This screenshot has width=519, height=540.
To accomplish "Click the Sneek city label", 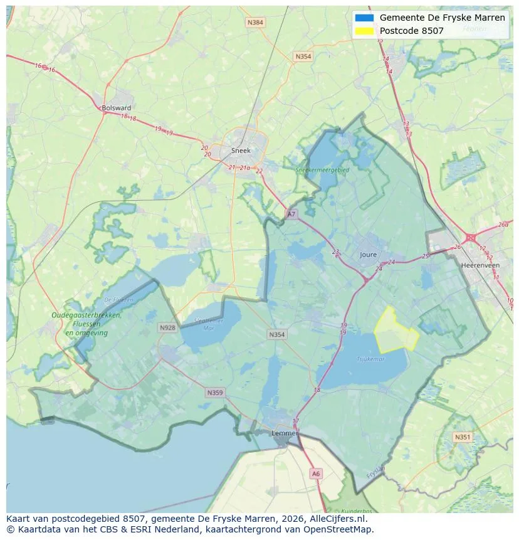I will tap(241, 151).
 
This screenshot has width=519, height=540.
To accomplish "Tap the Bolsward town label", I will tap(116, 108).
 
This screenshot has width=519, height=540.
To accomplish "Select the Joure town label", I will tap(369, 255).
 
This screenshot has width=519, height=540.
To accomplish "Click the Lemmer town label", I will tap(284, 433).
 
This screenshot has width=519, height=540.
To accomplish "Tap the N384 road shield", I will tap(255, 23).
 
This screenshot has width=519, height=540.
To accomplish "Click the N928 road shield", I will tap(167, 327).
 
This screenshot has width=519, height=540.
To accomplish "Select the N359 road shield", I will tap(214, 393).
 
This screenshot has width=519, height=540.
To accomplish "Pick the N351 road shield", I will tap(463, 437).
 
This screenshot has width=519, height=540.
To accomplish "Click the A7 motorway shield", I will tap(291, 214).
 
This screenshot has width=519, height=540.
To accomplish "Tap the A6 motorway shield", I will tap(316, 474).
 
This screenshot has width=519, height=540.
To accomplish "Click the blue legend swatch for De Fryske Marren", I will tap(364, 18).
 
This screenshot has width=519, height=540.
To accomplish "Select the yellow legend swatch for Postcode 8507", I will tap(364, 31).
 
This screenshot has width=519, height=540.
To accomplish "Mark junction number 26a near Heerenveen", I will tap(503, 225).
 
